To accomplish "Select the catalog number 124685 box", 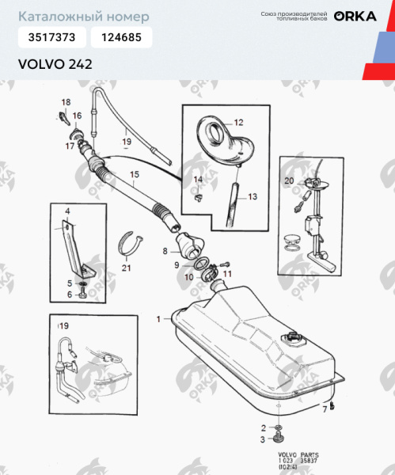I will tap(121, 36).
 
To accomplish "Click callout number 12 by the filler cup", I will tap(238, 123).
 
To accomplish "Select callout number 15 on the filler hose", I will tap(134, 174).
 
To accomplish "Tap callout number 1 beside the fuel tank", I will tap(159, 318).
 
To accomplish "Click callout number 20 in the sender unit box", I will tap(289, 181).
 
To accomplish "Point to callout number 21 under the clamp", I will tap(126, 268).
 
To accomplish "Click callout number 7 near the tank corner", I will tap(324, 408).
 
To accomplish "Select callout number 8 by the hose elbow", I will tap(165, 250).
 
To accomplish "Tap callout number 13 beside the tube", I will tap(253, 196).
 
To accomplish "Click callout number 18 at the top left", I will tap(66, 102).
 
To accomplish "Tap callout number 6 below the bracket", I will tap(69, 294).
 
